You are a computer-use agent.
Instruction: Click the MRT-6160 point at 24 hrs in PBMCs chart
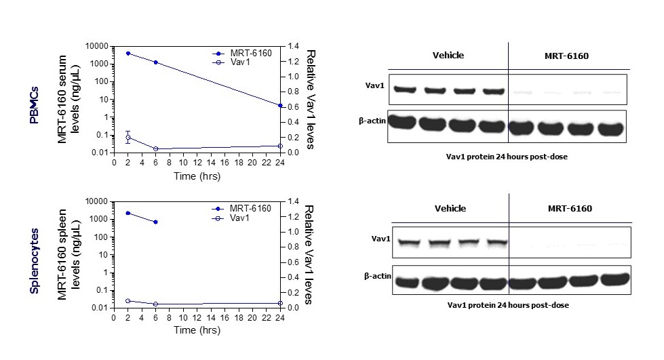click(280, 105)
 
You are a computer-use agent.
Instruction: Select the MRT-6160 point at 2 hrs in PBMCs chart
click(128, 53)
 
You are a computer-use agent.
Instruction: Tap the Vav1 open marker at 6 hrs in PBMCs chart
click(156, 148)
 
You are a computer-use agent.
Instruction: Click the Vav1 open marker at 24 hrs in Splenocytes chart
click(280, 303)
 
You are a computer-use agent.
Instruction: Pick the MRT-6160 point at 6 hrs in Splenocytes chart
click(156, 222)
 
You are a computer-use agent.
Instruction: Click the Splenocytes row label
click(34, 258)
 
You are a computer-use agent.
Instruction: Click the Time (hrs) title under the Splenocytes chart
click(197, 330)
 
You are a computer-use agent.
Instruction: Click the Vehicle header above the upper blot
click(448, 55)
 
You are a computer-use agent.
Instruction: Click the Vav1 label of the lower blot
click(380, 239)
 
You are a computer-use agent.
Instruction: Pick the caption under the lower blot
click(507, 305)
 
